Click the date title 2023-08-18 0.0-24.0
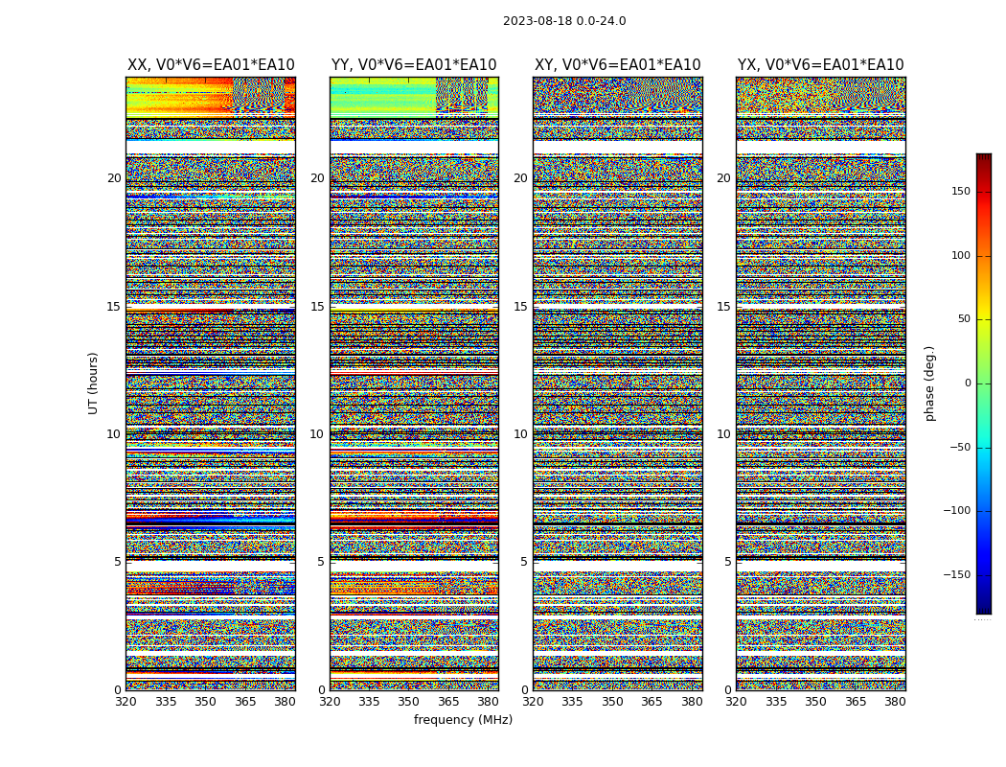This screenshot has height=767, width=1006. click(564, 21)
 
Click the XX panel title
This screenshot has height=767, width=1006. click(211, 65)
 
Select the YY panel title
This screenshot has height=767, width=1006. click(414, 65)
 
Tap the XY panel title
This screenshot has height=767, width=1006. click(617, 65)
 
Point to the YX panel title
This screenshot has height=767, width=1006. click(820, 65)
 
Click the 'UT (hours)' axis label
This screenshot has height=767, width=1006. click(94, 383)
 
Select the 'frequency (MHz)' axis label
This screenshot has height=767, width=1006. click(463, 720)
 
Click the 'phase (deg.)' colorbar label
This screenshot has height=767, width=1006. click(929, 383)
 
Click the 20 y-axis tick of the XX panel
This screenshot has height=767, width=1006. click(114, 178)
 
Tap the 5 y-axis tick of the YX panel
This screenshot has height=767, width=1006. click(727, 562)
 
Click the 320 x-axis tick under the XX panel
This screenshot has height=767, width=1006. click(126, 702)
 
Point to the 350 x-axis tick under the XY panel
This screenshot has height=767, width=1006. click(612, 702)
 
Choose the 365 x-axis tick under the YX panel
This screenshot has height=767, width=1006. click(856, 702)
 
